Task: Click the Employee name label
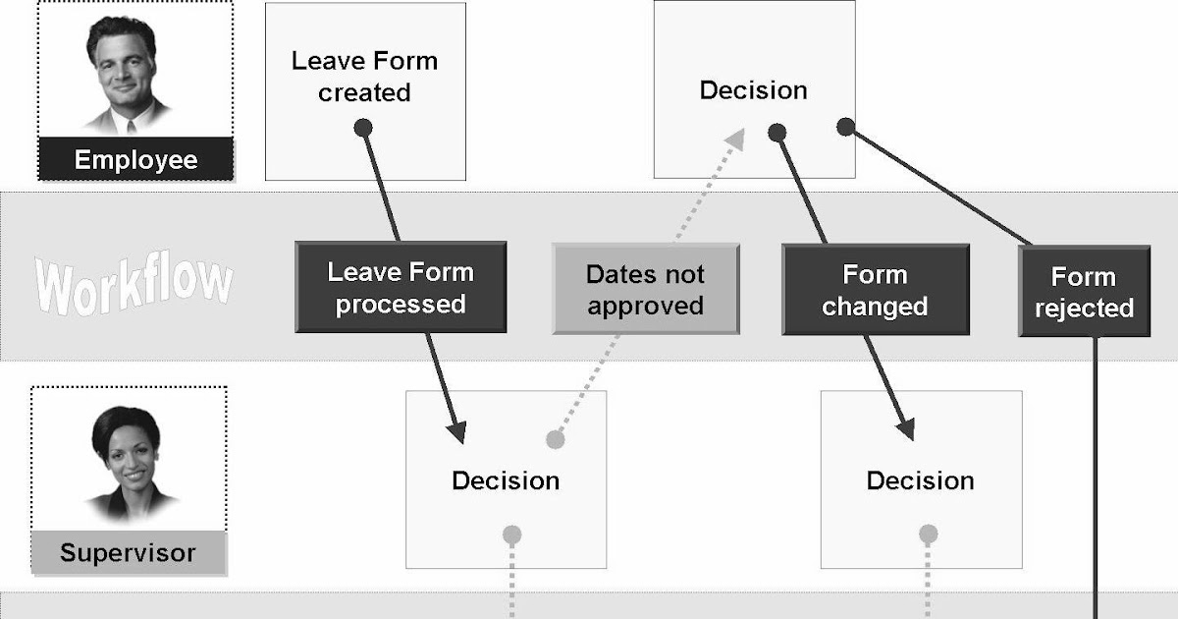[x=135, y=160]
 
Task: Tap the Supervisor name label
[x=128, y=552]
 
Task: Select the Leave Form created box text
[x=364, y=77]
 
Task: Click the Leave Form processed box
[x=401, y=288]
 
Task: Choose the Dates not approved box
[x=645, y=289]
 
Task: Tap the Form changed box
[x=875, y=290]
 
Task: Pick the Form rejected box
[x=1084, y=292]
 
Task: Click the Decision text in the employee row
[x=753, y=90]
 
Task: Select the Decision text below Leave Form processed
[x=506, y=480]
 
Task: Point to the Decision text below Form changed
[x=920, y=480]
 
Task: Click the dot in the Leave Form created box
[x=363, y=127]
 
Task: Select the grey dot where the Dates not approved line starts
[x=555, y=439]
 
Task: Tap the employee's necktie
[x=129, y=124]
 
